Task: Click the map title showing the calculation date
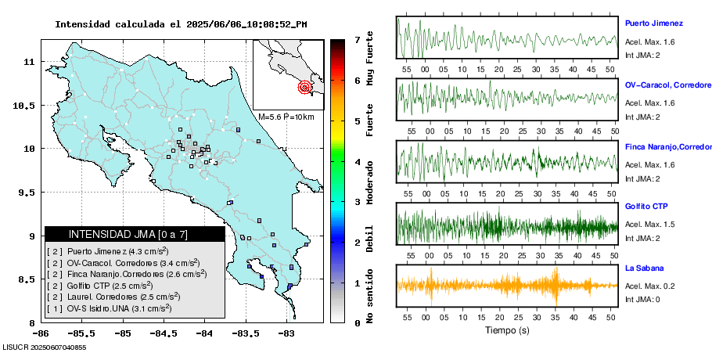coord(181,24)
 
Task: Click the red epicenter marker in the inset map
coord(305,88)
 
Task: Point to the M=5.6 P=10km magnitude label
coord(286,117)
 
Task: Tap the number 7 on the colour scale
coord(357,39)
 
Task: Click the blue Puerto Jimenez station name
coord(654,23)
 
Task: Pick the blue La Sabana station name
coord(645,268)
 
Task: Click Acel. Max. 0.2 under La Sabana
coord(649,286)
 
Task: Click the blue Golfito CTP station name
coord(645,207)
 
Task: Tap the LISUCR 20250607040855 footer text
coord(45,347)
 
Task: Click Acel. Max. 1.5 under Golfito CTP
coord(649,225)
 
